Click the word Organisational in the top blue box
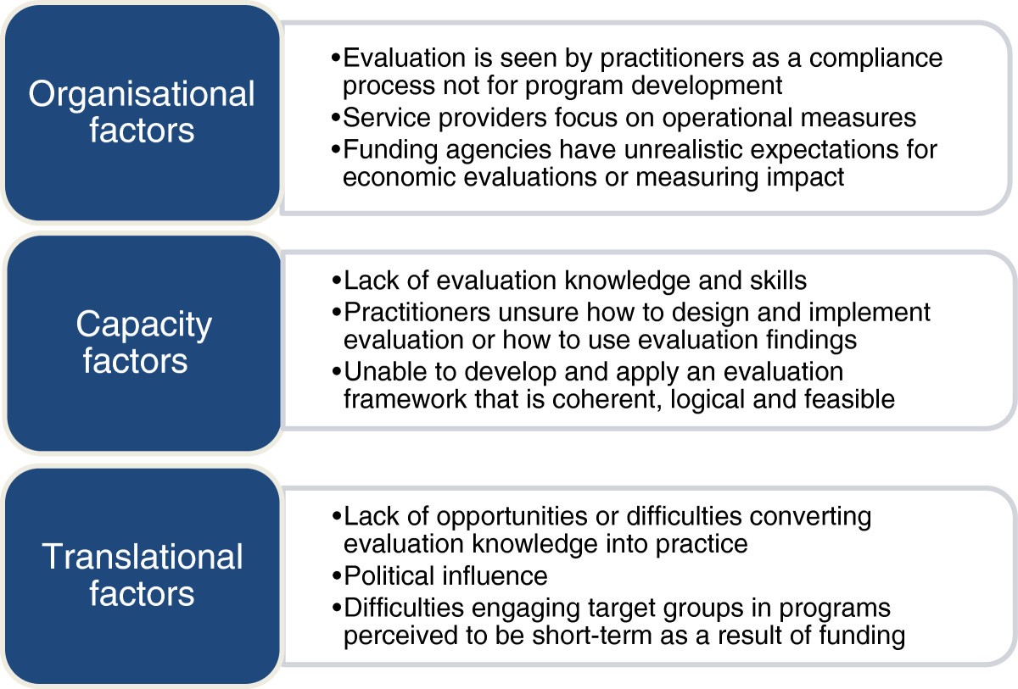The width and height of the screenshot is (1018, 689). pos(142,95)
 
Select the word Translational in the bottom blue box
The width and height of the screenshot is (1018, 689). pos(143,557)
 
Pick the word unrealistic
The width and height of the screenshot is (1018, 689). pos(683,149)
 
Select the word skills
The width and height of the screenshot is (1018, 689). pos(778,281)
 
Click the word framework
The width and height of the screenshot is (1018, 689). pos(405,399)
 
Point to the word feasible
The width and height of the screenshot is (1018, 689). pos(849,399)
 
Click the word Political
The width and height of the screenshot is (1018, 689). pos(390,575)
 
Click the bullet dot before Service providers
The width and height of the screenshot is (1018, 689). pos(336,118)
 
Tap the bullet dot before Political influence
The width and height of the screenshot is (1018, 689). pos(337,576)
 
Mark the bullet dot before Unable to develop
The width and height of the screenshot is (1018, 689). pos(337,372)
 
